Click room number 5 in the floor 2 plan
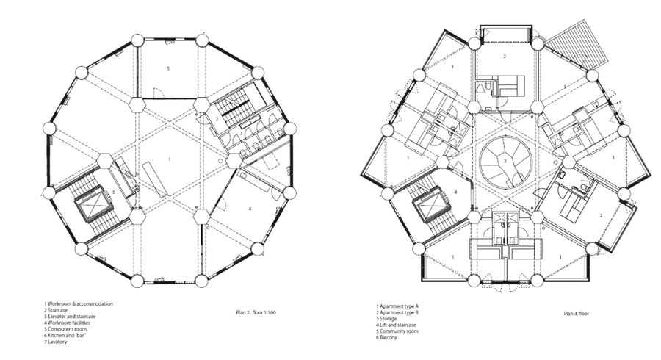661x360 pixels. [168, 68]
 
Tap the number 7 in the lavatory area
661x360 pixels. [241, 133]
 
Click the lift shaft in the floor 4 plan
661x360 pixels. [432, 206]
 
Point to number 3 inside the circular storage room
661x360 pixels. [504, 160]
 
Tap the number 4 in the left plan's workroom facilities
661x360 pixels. [250, 209]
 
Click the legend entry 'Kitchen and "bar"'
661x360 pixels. [65, 336]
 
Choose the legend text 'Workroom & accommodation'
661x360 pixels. [79, 303]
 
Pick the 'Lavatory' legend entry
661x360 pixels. [56, 342]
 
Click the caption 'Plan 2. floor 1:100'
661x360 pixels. [256, 312]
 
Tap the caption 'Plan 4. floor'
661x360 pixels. [577, 314]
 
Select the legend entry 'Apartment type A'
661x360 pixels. [395, 306]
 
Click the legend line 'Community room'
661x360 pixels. [397, 331]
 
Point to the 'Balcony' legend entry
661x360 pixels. [386, 338]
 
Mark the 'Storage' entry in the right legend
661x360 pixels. [386, 319]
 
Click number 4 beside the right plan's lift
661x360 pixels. [455, 192]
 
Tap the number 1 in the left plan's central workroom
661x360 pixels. [170, 159]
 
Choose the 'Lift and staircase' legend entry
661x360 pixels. [397, 325]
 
